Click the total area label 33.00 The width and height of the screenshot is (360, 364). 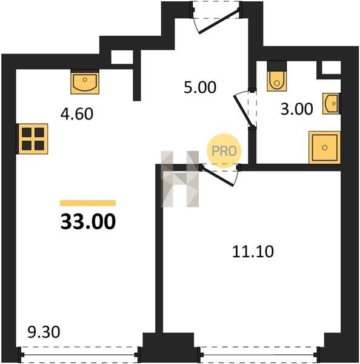(x=88, y=221)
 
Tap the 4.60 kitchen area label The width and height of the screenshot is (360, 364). (x=77, y=114)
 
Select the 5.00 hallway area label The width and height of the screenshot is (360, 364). (x=200, y=87)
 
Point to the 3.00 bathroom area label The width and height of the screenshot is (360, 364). (x=297, y=109)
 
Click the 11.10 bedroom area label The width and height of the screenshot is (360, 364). (x=253, y=252)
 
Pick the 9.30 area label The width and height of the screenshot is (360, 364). (x=44, y=332)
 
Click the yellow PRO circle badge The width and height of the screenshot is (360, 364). (x=224, y=151)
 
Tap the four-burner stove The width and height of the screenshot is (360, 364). (x=33, y=139)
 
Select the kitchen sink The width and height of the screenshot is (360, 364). (x=85, y=83)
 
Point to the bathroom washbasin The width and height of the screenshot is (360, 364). (x=332, y=104)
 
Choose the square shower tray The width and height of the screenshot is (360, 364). (x=324, y=147)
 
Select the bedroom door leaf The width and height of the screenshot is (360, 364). (x=217, y=176)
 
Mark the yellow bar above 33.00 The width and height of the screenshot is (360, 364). (x=88, y=203)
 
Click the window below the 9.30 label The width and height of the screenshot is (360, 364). (x=79, y=355)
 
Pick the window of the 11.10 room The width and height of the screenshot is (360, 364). (x=258, y=355)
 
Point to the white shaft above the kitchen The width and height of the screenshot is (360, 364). (x=122, y=57)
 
